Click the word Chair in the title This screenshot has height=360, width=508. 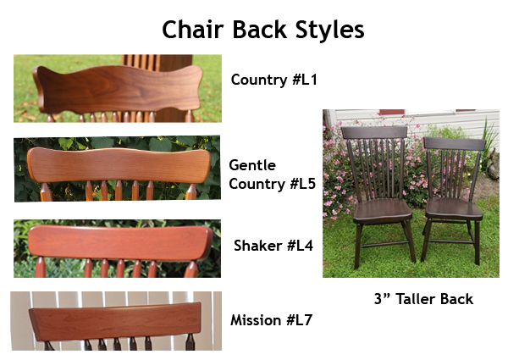coord(193,30)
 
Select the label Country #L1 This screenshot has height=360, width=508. coord(273,80)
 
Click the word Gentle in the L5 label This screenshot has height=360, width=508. coord(252,165)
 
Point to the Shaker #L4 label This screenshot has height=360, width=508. coord(273,246)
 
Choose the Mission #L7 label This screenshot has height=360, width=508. coord(271,320)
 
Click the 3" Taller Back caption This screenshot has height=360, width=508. coord(424,299)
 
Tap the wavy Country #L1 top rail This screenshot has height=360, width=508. coord(119,89)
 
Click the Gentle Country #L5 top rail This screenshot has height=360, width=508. coord(119,165)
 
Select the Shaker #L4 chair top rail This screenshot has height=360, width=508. coord(120,243)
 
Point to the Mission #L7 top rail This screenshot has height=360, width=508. coord(115,321)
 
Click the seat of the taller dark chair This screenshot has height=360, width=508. coord(383,211)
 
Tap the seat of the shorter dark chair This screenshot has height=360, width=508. coord(454,208)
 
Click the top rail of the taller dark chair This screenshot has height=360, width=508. coord(374,133)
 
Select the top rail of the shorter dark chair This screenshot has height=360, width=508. coord(454,143)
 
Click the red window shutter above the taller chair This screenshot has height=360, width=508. coord(392,112)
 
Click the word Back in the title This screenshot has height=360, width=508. coord(260,30)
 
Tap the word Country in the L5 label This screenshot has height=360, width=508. coord(256,184)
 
